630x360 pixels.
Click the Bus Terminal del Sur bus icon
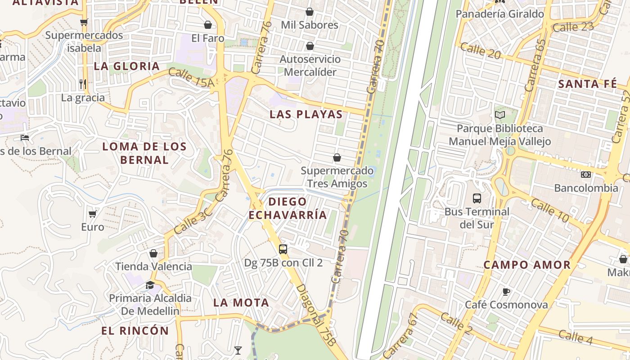tap(477, 198)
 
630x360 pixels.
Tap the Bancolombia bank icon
tap(585, 175)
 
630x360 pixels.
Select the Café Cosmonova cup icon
tap(506, 292)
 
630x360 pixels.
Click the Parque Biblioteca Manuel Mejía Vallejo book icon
tap(499, 115)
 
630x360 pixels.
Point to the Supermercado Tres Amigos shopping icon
tap(337, 157)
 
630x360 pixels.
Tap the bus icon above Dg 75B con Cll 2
tap(283, 249)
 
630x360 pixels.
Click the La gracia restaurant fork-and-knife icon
tap(83, 84)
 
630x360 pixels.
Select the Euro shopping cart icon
tap(93, 214)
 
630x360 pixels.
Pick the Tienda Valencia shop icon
tap(153, 253)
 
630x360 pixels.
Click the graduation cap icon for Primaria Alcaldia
tap(150, 285)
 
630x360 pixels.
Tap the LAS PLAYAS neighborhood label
tap(306, 114)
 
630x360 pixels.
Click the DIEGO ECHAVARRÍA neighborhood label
tap(288, 208)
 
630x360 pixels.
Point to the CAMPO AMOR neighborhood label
tap(527, 265)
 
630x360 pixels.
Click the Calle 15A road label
tap(191, 77)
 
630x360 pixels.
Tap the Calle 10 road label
tap(550, 210)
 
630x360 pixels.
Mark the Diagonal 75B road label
tap(316, 315)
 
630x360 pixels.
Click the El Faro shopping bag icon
tap(208, 25)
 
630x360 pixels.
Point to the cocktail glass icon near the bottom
tap(238, 350)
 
